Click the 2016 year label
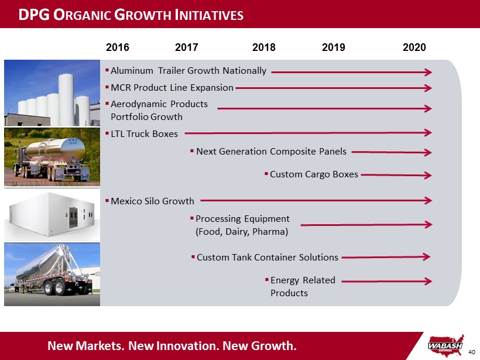(118, 47)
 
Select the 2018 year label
(264, 47)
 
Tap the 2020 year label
(414, 47)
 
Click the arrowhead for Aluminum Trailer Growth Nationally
(428, 72)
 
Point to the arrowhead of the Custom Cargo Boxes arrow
(428, 176)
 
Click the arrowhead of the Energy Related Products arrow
(428, 282)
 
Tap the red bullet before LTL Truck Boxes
(107, 133)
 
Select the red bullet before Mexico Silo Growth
(107, 201)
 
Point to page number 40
(472, 352)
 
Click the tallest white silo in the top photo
(66, 100)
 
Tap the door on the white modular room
(74, 217)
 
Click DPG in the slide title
(34, 15)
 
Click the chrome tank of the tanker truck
(56, 150)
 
